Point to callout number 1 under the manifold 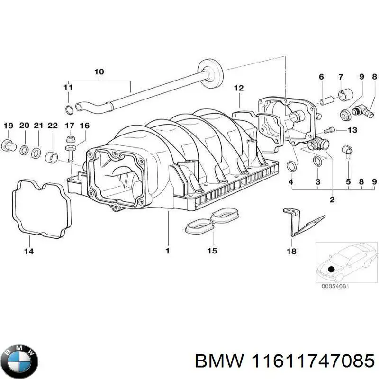(167, 251)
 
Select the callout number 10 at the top (99, 72)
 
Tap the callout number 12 (238, 88)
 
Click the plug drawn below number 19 (9, 144)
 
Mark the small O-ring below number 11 (69, 110)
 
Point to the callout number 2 (332, 199)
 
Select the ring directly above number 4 (292, 166)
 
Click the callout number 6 (321, 77)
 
